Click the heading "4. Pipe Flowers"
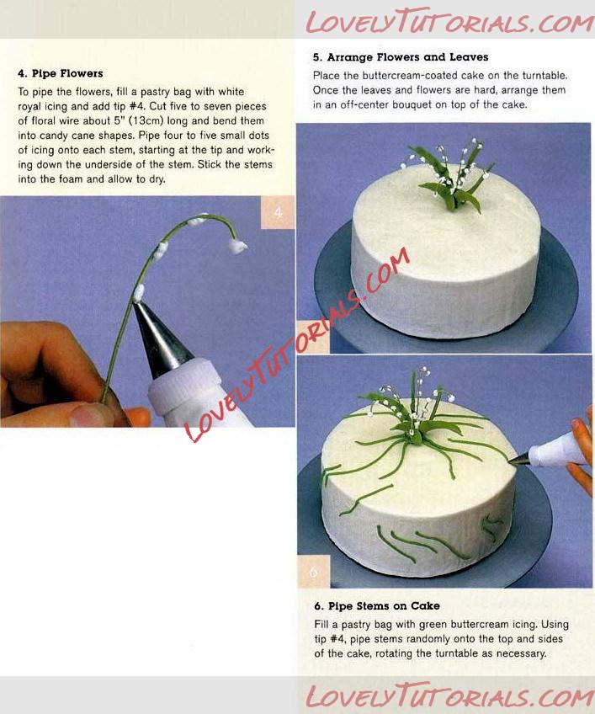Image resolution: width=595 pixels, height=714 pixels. [60, 73]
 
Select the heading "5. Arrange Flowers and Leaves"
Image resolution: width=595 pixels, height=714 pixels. [400, 57]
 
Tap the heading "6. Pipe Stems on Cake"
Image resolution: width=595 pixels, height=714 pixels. [377, 605]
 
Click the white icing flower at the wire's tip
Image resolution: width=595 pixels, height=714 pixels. [237, 247]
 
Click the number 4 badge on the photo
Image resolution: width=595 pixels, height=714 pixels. [279, 212]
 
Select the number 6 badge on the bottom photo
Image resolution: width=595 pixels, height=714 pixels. [314, 572]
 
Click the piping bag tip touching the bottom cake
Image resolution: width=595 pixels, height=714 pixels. [518, 461]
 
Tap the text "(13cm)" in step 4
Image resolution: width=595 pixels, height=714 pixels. [146, 120]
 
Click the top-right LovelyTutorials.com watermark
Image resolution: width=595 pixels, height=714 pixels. [449, 21]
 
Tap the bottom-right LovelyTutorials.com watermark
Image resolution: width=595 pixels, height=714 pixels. [449, 696]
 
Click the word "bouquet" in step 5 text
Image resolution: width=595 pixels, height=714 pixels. [411, 104]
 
